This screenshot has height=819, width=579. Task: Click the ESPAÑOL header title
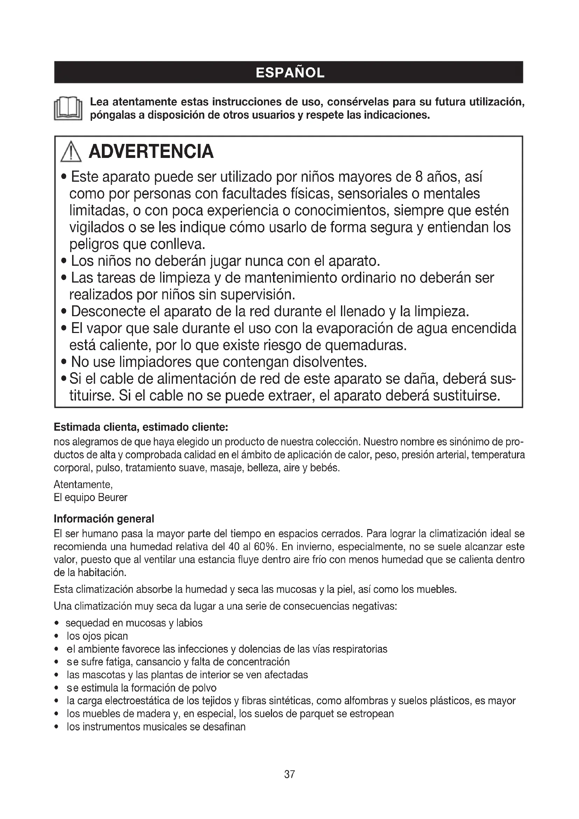tap(290, 73)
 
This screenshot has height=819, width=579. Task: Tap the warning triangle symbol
tap(71, 152)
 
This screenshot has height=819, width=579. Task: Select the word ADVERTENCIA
tap(151, 152)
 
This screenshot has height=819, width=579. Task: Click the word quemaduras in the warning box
tap(369, 345)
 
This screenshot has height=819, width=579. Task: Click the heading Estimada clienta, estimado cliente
tap(141, 427)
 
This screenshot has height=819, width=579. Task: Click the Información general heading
tap(104, 519)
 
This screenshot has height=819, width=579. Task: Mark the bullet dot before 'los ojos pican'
tap(56, 636)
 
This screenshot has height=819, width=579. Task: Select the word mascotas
tap(102, 675)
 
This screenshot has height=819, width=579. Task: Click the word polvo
tap(204, 688)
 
